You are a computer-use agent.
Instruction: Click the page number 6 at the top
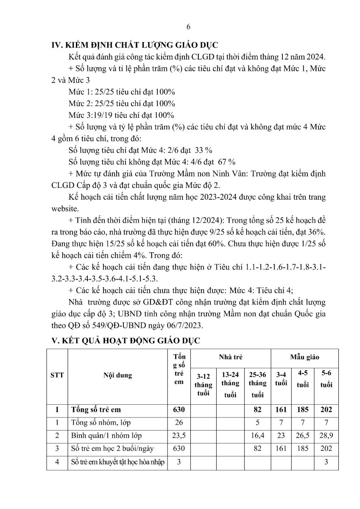[x=188, y=27]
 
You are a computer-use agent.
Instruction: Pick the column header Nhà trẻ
[x=230, y=358]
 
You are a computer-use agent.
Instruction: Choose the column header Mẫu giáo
[x=304, y=358]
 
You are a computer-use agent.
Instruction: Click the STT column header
[x=57, y=375]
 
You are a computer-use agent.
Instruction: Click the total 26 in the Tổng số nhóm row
[x=179, y=423]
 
